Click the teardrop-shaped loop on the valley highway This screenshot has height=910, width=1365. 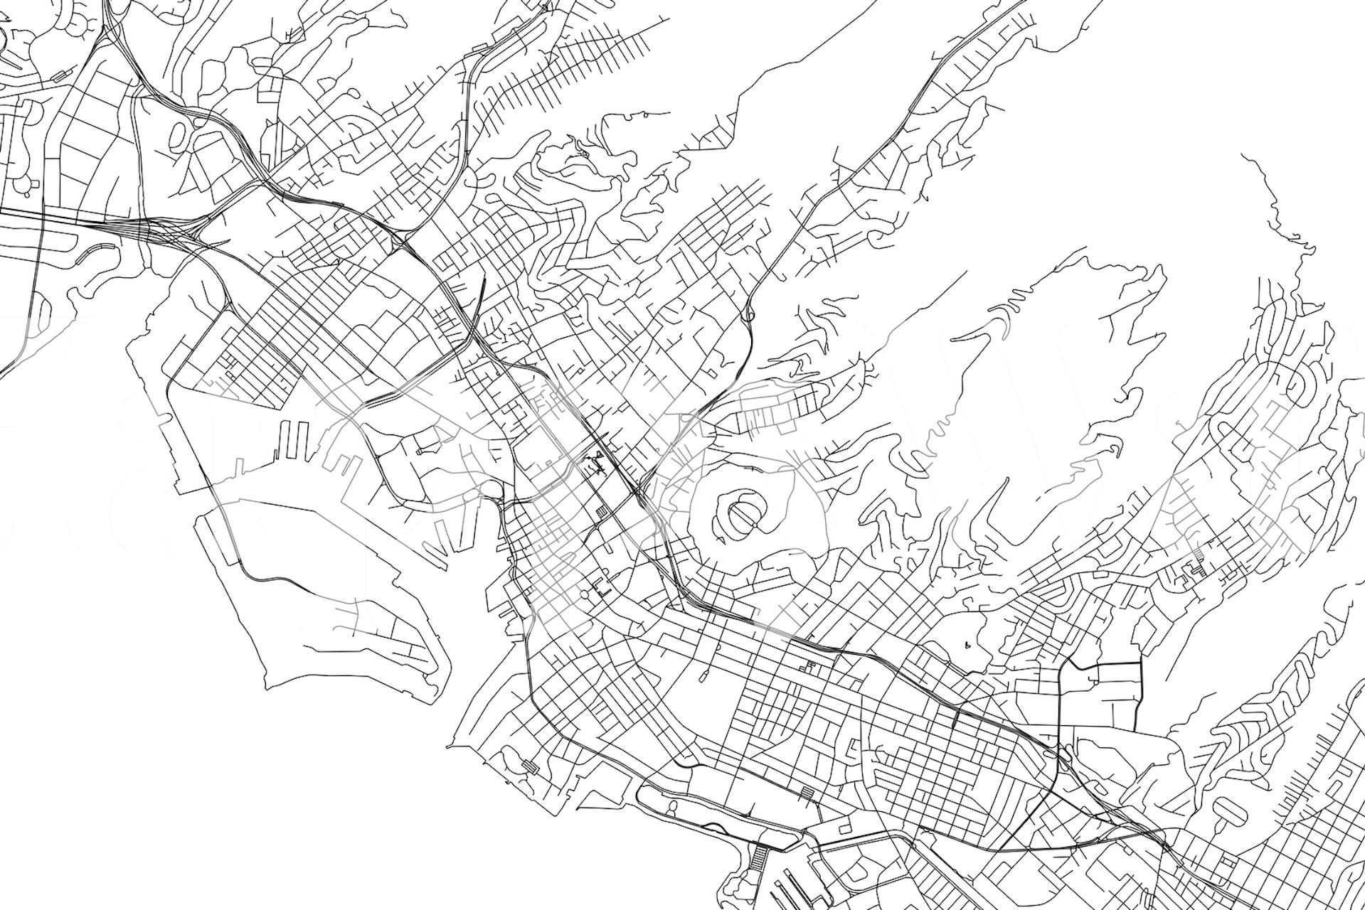[750, 312]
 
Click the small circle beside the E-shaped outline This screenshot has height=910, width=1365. [585, 594]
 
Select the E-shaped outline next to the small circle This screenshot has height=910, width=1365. [602, 588]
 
